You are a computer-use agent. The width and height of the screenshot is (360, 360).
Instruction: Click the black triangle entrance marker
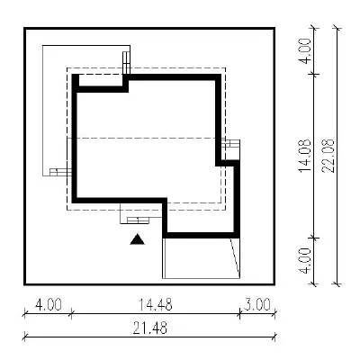[138, 239]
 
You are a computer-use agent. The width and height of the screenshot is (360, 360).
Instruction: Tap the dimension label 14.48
[156, 305]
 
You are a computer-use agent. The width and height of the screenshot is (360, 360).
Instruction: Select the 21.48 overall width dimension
[150, 328]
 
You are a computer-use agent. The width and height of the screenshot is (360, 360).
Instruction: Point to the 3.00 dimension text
[256, 305]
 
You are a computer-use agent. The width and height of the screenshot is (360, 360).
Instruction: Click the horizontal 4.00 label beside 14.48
[49, 305]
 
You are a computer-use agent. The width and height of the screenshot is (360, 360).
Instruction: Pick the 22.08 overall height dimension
[328, 156]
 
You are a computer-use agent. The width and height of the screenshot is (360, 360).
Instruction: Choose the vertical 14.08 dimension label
[305, 156]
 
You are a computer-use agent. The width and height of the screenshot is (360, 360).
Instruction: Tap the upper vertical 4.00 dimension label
[305, 51]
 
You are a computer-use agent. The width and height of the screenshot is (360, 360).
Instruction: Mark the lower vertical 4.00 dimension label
[305, 261]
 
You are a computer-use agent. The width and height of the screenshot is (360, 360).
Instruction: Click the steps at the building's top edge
[126, 63]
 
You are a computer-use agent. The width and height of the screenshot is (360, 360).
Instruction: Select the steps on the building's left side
[61, 172]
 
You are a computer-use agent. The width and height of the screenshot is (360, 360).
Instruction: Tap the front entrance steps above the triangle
[138, 220]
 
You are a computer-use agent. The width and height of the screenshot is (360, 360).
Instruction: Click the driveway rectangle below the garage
[201, 258]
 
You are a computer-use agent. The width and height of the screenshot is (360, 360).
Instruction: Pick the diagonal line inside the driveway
[235, 256]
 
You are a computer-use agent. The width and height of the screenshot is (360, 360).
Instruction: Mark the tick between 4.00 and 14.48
[71, 314]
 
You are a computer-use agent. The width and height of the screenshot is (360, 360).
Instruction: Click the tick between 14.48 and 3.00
[239, 314]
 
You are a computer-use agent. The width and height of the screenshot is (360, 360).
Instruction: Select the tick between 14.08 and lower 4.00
[314, 238]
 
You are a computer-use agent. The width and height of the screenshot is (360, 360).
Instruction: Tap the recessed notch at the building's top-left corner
[101, 82]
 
